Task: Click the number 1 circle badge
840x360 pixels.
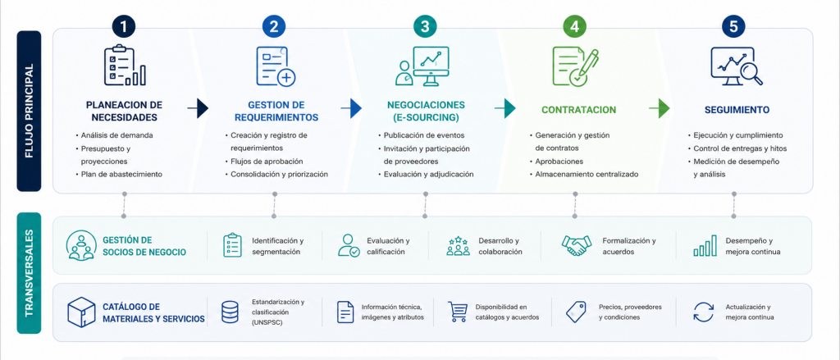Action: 125,27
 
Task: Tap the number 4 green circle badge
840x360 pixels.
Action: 575,27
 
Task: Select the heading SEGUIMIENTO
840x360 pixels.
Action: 737,110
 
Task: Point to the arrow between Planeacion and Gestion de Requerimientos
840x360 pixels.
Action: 198,108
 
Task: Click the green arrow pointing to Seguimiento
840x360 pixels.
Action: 660,108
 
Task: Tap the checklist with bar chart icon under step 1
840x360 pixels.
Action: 125,66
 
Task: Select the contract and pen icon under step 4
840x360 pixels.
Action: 575,66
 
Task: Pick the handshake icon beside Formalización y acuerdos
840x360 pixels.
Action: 577,246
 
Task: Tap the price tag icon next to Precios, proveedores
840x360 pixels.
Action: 575,312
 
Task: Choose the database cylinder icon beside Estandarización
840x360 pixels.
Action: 230,312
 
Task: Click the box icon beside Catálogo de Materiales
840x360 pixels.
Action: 81,312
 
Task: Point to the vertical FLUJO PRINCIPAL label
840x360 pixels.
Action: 29,111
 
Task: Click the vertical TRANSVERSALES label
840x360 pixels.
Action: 29,273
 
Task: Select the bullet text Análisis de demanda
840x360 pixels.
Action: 116,135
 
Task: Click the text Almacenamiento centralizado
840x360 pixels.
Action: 587,174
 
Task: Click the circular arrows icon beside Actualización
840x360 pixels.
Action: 703,312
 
